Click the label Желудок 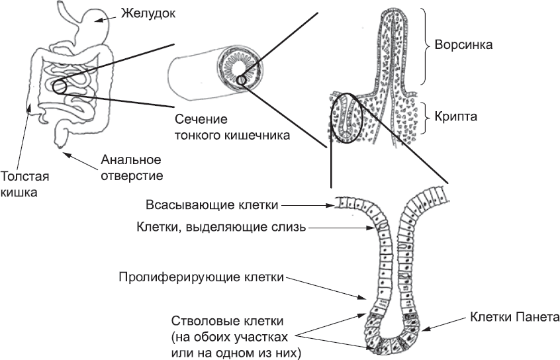148,13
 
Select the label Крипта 457,115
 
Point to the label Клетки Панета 514,317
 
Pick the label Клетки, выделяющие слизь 220,228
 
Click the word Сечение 201,120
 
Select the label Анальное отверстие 131,168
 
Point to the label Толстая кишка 24,185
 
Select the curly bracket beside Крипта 424,115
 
